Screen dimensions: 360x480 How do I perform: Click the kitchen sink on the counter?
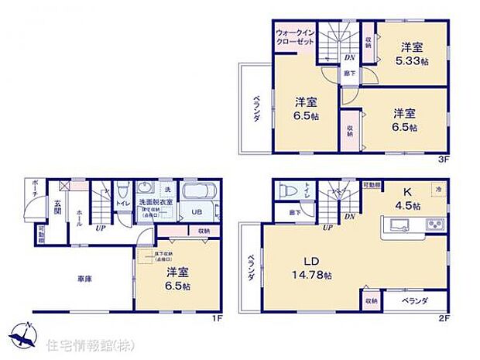(x=399, y=225)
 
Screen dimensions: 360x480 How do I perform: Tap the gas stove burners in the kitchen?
(x=434, y=225)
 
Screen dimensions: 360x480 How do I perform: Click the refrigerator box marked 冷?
(x=437, y=189)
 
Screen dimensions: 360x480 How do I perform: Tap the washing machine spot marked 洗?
(x=166, y=189)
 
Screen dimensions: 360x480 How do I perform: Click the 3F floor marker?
(x=444, y=159)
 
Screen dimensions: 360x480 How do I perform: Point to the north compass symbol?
(x=23, y=334)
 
